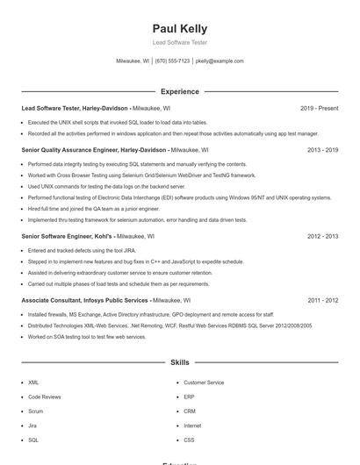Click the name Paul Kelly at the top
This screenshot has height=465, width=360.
(x=179, y=29)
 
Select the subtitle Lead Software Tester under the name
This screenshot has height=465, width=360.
(x=179, y=42)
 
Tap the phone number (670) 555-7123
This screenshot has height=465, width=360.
(x=171, y=61)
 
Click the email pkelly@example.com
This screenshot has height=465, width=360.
(x=220, y=61)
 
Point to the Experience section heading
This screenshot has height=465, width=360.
(x=179, y=91)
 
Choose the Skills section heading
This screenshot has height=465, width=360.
(x=179, y=361)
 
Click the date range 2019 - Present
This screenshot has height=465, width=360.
(x=319, y=108)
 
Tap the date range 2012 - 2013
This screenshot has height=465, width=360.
(x=322, y=236)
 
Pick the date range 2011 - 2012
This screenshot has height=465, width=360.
(x=322, y=300)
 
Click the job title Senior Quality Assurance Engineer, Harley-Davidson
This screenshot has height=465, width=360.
(x=92, y=150)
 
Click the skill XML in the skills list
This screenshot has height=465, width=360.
(x=33, y=383)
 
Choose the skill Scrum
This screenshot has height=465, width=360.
(x=35, y=411)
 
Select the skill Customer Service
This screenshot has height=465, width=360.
(x=204, y=383)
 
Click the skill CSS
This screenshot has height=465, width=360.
(x=189, y=440)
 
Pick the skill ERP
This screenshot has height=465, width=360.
(x=189, y=397)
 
